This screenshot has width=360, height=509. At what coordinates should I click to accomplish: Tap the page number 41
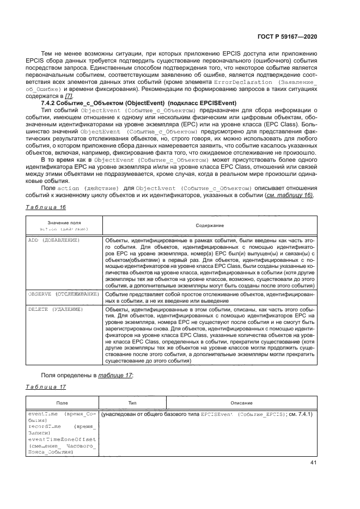tap(313, 463)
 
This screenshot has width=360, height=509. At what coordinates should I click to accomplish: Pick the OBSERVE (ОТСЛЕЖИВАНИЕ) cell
tap(63, 293)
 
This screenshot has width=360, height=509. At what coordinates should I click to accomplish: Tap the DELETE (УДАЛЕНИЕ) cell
tap(55, 309)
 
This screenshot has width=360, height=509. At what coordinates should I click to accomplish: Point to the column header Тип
tap(132, 403)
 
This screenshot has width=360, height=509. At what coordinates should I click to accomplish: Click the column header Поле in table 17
tap(62, 403)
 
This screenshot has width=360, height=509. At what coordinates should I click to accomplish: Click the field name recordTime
tap(42, 427)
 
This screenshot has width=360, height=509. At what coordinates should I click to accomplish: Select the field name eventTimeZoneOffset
tap(62, 439)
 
